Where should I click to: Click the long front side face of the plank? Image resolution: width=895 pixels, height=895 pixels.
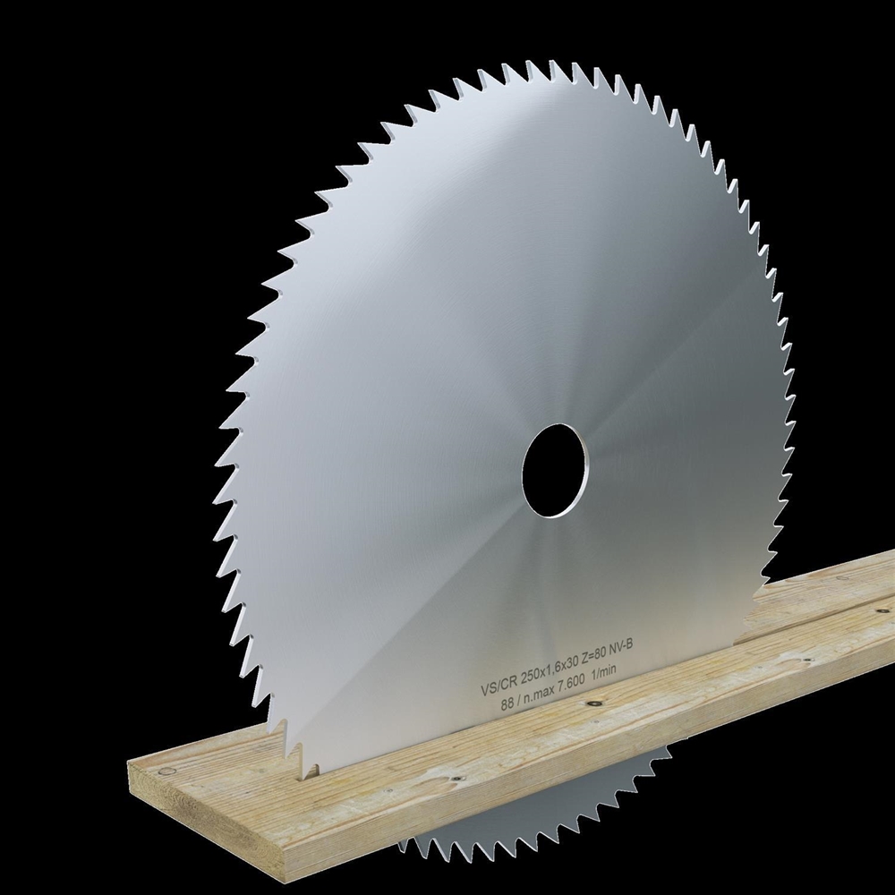point(537,779)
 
